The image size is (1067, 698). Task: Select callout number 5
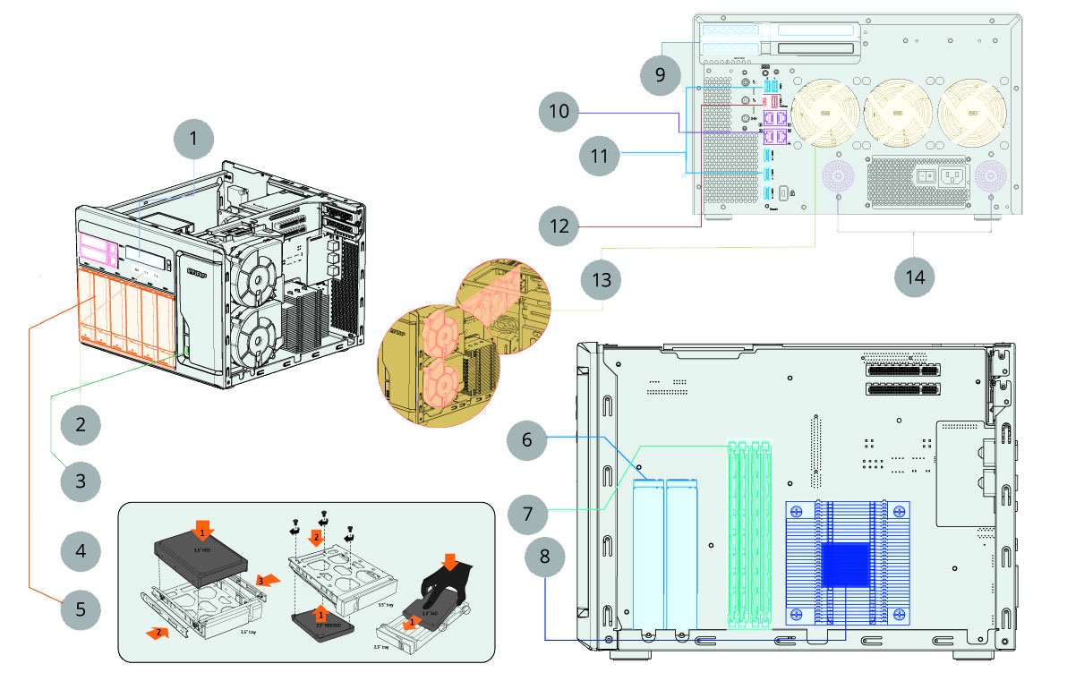(81, 610)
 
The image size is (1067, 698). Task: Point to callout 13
(601, 280)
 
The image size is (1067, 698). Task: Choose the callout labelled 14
(914, 277)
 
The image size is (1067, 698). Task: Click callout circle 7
(528, 513)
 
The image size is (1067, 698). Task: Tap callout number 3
(81, 481)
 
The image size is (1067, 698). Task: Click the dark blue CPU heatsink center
(846, 564)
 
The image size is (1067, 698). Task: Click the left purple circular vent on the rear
(838, 176)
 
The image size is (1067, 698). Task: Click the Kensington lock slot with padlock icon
(784, 192)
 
